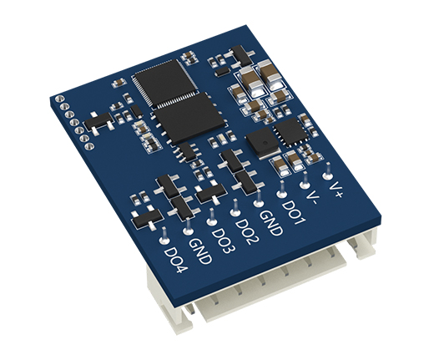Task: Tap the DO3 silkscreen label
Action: click(x=224, y=241)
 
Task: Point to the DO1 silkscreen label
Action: click(x=294, y=212)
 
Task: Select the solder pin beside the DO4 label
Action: click(x=164, y=240)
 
